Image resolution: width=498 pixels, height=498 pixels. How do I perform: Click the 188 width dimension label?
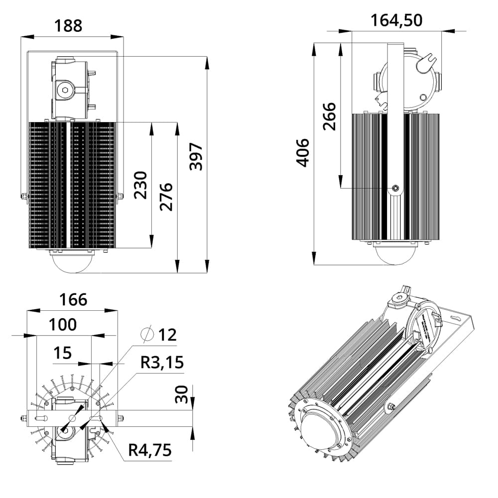point(69,25)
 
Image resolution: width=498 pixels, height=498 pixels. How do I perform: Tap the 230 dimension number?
point(141,185)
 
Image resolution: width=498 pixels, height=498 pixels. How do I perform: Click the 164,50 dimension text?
point(396,20)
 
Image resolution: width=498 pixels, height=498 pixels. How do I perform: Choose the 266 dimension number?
point(329,116)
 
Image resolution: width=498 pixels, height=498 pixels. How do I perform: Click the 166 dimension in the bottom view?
point(73,300)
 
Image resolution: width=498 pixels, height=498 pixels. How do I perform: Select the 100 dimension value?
point(63,325)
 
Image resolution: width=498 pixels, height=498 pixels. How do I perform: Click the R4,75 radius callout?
point(150,450)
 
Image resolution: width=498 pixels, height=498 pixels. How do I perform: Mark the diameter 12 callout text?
point(160,335)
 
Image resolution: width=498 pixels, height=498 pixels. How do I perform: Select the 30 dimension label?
point(182,394)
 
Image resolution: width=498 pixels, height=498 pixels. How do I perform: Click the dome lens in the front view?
point(72,261)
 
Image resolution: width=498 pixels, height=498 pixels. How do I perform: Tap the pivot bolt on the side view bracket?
point(395,188)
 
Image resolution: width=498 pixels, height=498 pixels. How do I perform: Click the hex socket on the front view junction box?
point(64,91)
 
